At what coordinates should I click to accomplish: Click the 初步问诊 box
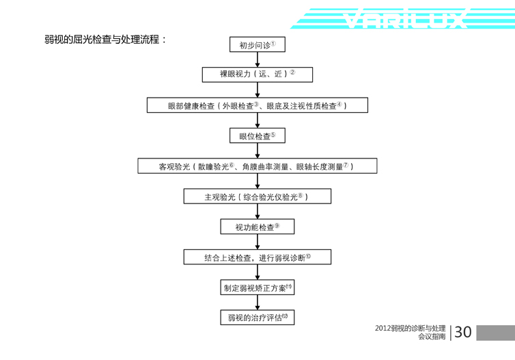pyautogui.click(x=257, y=45)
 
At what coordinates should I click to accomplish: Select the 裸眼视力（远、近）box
pyautogui.click(x=257, y=74)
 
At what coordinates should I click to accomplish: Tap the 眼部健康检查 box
pyautogui.click(x=257, y=105)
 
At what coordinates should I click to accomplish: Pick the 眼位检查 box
pyautogui.click(x=257, y=136)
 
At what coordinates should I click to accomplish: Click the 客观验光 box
pyautogui.click(x=257, y=166)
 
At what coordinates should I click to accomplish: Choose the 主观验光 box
pyautogui.click(x=257, y=197)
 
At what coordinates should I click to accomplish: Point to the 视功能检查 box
pyautogui.click(x=257, y=227)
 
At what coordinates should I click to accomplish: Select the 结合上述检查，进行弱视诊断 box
pyautogui.click(x=257, y=258)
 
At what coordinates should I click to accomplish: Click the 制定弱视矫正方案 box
pyautogui.click(x=257, y=288)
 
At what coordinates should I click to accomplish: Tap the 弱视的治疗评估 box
pyautogui.click(x=257, y=318)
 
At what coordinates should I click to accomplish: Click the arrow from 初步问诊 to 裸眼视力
pyautogui.click(x=257, y=59)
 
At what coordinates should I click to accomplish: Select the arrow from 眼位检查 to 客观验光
pyautogui.click(x=257, y=151)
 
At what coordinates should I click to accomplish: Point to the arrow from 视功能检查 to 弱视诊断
pyautogui.click(x=257, y=242)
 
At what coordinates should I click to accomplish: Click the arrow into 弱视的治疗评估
pyautogui.click(x=257, y=303)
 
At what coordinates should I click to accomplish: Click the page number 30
pyautogui.click(x=462, y=333)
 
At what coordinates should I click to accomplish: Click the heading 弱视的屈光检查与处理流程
pyautogui.click(x=105, y=40)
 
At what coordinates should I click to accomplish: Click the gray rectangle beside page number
pyautogui.click(x=495, y=333)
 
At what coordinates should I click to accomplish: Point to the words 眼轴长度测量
pyautogui.click(x=321, y=167)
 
